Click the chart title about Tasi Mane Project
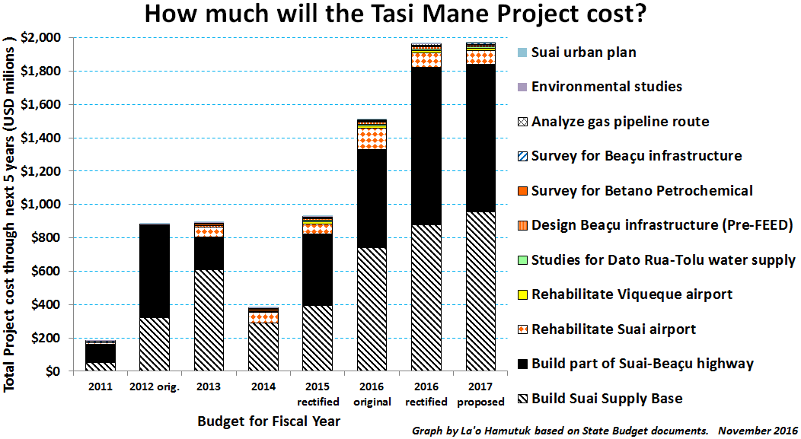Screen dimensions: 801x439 [396, 14]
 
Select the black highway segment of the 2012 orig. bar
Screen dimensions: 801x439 [155, 271]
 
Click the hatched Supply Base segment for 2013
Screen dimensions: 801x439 [209, 320]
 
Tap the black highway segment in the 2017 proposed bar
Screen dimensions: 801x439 [480, 138]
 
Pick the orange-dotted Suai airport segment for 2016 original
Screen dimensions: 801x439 [372, 138]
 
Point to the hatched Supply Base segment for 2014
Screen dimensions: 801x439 [263, 347]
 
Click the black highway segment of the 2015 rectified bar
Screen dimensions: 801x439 [318, 269]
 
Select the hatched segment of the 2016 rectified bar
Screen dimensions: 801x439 [426, 298]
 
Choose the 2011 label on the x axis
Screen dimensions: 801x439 [101, 387]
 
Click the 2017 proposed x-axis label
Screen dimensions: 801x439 [480, 394]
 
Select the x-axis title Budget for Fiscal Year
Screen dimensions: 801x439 [269, 422]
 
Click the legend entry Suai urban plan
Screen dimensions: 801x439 [576, 52]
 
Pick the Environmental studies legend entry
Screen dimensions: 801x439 [600, 87]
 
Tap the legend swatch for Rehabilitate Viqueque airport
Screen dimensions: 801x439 [522, 295]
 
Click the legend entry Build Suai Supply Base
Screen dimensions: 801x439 [600, 399]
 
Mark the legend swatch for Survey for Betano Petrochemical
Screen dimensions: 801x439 [522, 192]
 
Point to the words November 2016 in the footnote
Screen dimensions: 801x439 [758, 431]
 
